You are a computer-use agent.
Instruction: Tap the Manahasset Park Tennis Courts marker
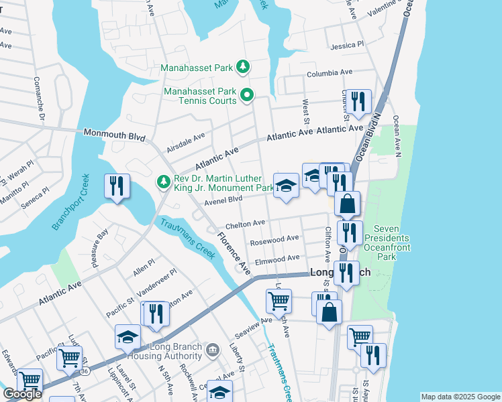pos(246,95)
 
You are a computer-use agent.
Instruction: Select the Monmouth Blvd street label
pos(115,135)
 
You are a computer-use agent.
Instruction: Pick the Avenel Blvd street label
pos(223,199)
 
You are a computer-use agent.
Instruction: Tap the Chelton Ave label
pos(245,224)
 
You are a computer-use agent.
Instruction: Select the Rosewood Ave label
pos(274,239)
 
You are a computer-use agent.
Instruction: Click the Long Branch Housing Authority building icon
pos(213,349)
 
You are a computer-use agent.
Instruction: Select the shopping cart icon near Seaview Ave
pos(279,300)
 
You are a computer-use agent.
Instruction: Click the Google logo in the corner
pos(22,394)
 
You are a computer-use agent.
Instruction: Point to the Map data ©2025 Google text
pos(460,397)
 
